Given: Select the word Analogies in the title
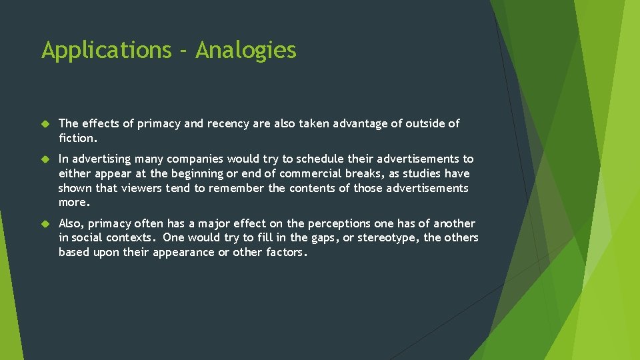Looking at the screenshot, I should point(246,50).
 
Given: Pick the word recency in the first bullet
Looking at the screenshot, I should point(230,123).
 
